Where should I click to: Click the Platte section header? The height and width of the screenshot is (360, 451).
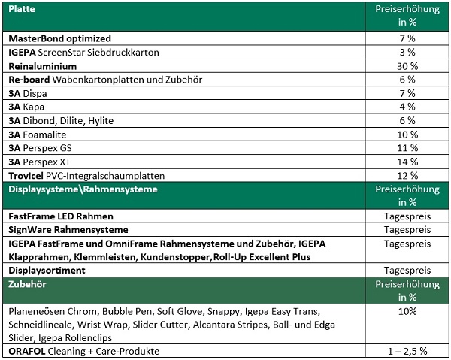[x=22, y=9]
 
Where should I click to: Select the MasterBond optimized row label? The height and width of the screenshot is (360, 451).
[x=59, y=38]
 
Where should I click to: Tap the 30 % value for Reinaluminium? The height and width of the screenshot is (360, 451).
[x=407, y=66]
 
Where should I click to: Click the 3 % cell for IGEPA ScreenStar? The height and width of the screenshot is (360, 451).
[x=407, y=52]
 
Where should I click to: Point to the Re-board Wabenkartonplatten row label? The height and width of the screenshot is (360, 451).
[x=98, y=80]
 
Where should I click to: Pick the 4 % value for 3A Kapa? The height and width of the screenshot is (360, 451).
[x=407, y=107]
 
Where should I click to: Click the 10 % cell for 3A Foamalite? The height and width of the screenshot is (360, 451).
[x=407, y=134]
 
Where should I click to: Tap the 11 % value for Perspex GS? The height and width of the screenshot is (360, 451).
[x=407, y=148]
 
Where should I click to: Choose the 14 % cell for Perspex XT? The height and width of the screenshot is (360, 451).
[x=407, y=162]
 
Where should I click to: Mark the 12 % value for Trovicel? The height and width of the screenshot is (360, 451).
[x=407, y=175]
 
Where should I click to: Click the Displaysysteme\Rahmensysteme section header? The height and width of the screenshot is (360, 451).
[x=83, y=189]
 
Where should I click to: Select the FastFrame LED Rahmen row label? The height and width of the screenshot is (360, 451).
[x=57, y=216]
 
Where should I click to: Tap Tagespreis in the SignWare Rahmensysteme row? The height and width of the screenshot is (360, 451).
[x=407, y=229]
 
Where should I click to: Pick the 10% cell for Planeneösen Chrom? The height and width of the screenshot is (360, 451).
[x=407, y=311]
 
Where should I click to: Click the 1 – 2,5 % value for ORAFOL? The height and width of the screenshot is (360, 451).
[x=407, y=351]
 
